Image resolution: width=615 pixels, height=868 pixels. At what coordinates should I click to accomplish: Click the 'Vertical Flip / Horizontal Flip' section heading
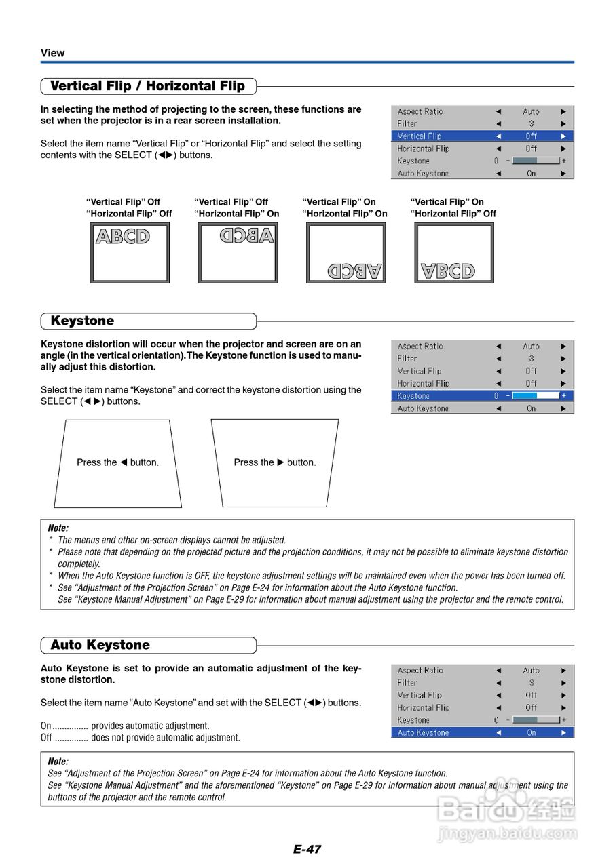[147, 86]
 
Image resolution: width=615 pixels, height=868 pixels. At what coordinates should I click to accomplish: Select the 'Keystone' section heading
[82, 321]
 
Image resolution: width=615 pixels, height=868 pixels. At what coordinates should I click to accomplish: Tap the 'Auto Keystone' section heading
[100, 645]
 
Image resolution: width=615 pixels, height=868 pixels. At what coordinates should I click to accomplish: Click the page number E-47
[307, 849]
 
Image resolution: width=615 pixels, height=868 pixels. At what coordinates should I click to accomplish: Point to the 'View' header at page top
[52, 53]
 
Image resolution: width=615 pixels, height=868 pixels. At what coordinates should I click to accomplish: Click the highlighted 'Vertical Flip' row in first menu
[482, 136]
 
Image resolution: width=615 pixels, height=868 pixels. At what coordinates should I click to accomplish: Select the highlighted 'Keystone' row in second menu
[482, 396]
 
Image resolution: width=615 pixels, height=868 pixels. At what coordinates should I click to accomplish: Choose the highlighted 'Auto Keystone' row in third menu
[482, 733]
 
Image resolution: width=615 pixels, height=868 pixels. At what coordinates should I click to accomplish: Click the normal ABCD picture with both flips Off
[130, 253]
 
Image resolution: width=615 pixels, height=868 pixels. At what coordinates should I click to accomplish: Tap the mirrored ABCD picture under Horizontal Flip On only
[238, 253]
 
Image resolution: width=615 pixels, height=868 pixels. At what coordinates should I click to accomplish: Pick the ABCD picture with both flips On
[346, 253]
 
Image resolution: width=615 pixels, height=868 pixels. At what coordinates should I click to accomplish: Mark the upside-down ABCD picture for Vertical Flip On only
[453, 253]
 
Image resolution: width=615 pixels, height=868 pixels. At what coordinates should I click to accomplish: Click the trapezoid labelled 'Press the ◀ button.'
[117, 463]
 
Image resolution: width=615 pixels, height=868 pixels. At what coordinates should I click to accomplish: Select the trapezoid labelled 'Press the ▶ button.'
[275, 463]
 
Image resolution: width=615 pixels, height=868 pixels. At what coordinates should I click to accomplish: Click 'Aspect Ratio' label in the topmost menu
[420, 112]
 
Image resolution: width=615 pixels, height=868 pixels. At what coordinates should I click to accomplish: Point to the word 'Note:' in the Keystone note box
[58, 528]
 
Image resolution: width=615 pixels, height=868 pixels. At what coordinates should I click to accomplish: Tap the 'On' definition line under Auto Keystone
[125, 726]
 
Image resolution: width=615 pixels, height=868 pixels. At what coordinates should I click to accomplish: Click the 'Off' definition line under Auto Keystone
[140, 738]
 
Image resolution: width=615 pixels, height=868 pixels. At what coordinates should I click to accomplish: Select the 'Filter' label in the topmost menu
[407, 124]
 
